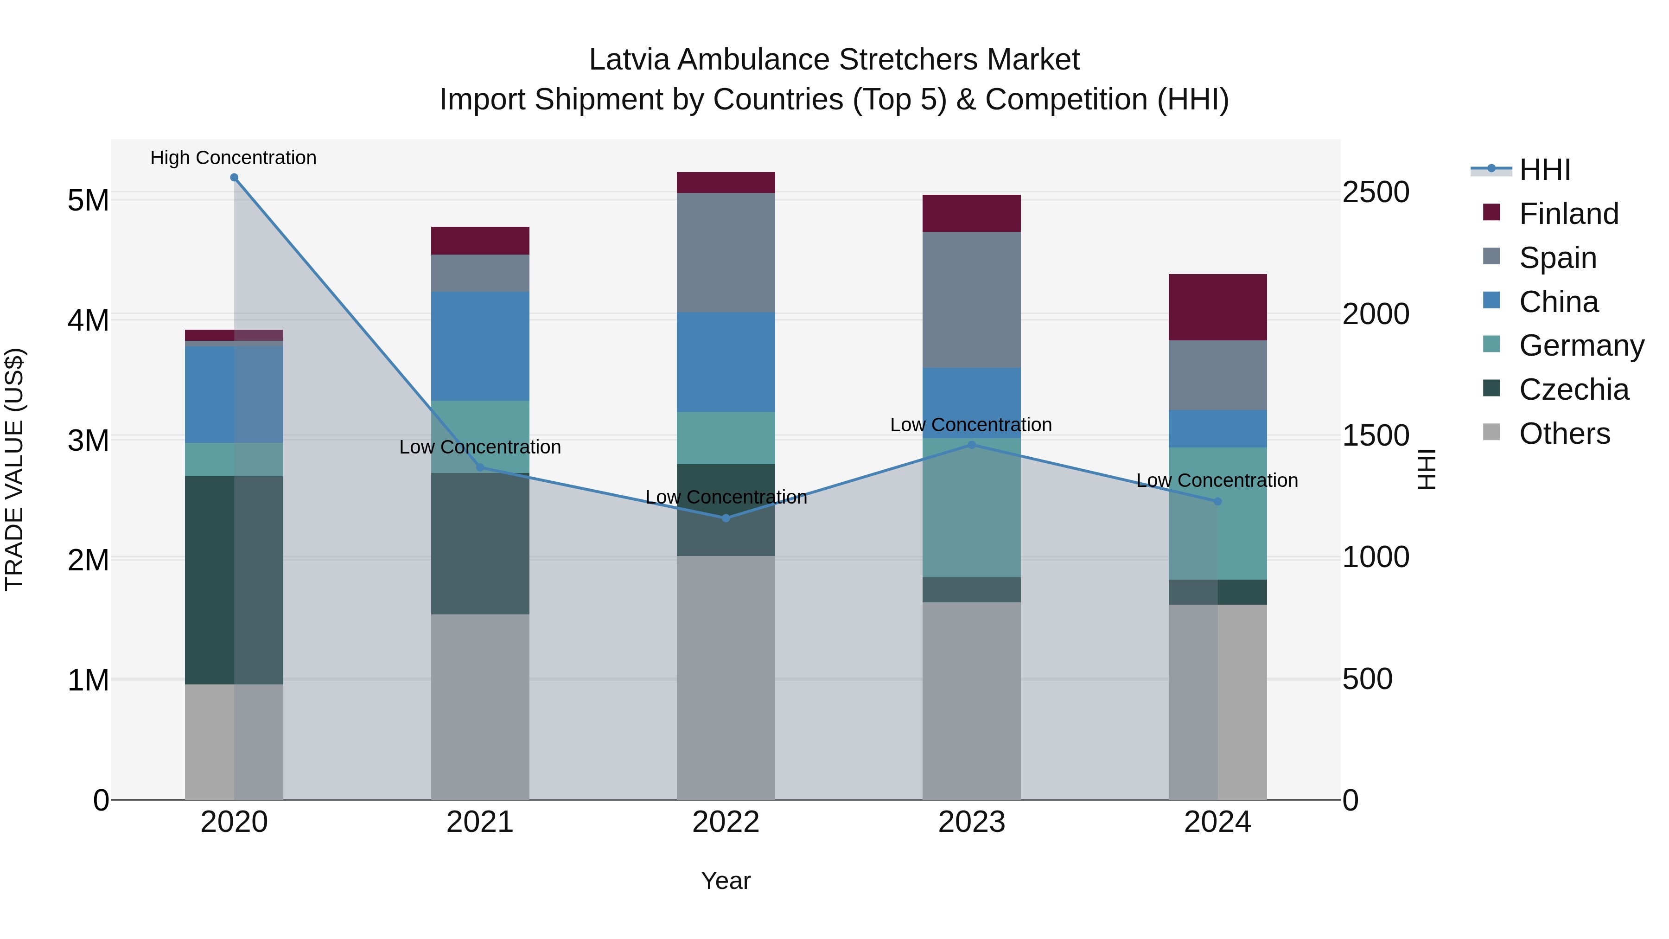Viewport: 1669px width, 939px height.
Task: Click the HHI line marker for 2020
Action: (x=235, y=178)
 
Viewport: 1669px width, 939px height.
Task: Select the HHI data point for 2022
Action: (x=726, y=518)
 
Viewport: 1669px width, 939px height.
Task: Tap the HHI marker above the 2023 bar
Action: (x=971, y=445)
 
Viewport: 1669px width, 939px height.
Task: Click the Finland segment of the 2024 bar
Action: (x=1217, y=307)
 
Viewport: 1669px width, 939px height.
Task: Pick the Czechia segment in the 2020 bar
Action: (x=234, y=580)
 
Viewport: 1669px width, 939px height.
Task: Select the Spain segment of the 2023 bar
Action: (x=971, y=300)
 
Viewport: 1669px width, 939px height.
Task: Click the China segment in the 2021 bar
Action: (x=480, y=346)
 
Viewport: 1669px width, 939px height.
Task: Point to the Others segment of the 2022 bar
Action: (x=726, y=677)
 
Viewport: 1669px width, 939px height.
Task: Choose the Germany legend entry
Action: (x=1581, y=345)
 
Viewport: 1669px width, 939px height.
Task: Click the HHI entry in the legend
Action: (x=1545, y=170)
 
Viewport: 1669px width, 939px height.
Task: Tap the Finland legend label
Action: (x=1568, y=214)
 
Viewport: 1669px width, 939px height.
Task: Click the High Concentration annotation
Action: (x=233, y=158)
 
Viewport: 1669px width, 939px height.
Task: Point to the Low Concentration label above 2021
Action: (x=480, y=447)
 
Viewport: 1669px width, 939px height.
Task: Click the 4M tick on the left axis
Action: (x=88, y=320)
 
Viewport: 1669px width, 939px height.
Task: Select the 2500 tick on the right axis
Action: (x=1376, y=192)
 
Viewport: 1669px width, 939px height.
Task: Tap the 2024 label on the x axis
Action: (x=1217, y=822)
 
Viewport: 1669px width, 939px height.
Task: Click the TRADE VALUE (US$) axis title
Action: (x=14, y=469)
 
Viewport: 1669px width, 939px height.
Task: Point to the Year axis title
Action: (x=726, y=881)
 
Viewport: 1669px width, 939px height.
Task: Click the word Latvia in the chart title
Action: (x=629, y=60)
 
